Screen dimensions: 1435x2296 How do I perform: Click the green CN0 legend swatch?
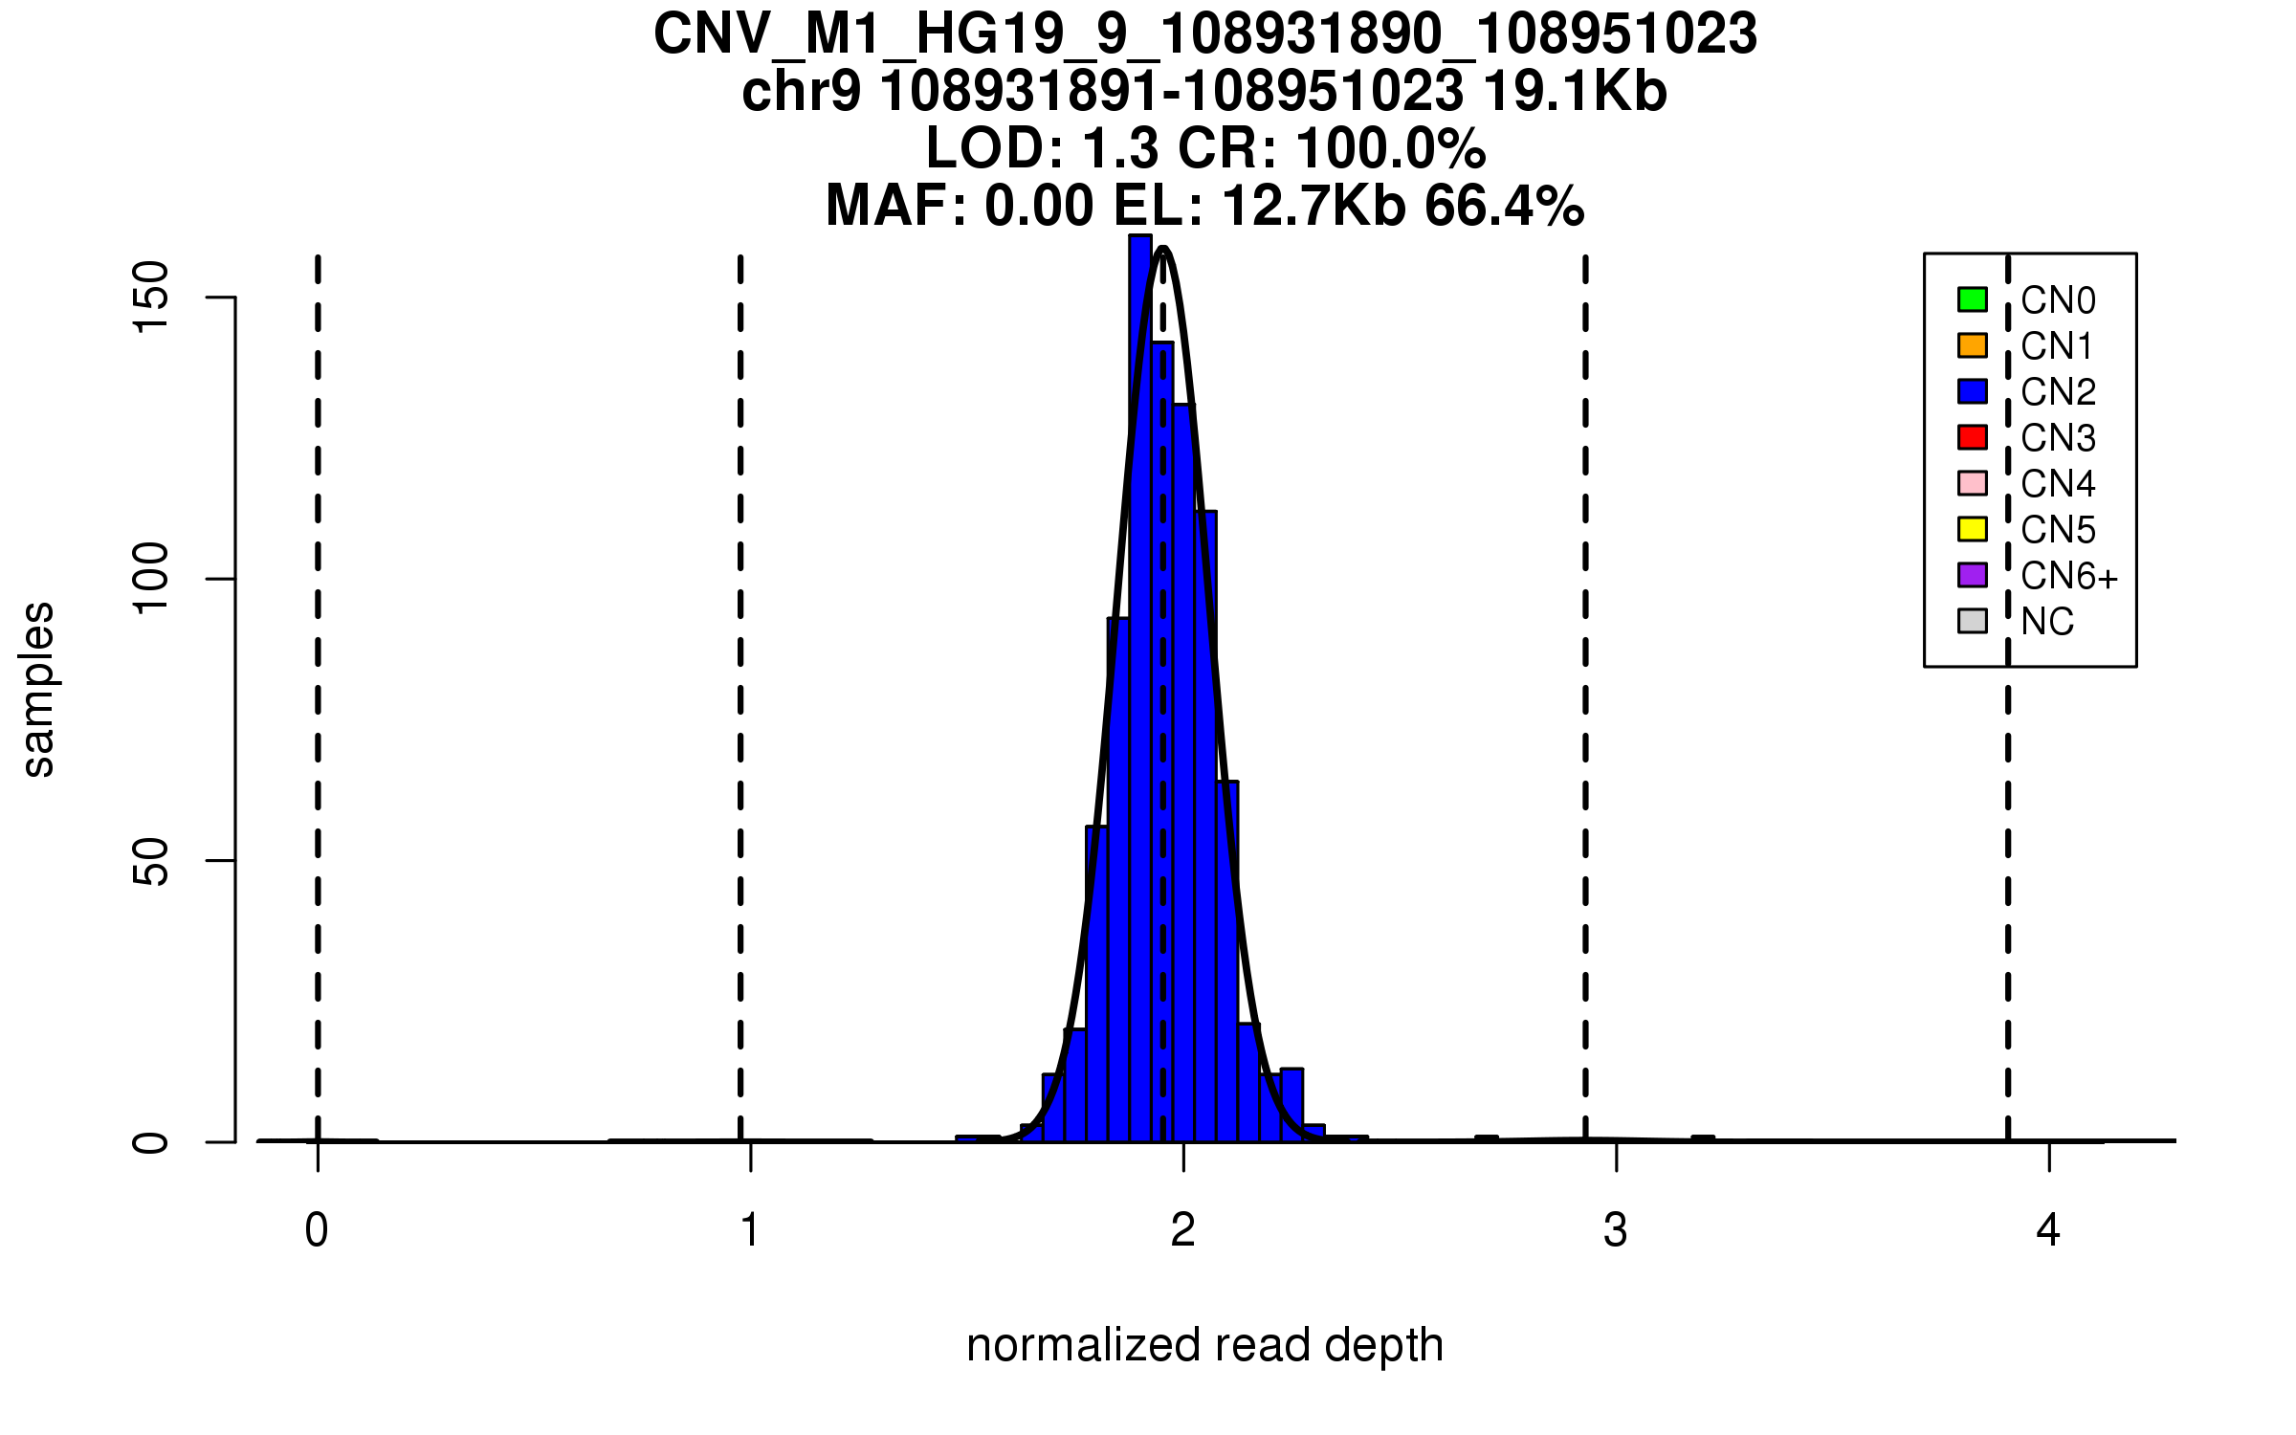[1973, 299]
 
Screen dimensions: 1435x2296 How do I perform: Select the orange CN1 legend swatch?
[1973, 345]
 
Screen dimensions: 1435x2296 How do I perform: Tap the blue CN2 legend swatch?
[1973, 391]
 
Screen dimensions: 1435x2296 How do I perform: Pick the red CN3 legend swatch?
[1973, 437]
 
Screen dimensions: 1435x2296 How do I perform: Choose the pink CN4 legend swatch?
[1973, 483]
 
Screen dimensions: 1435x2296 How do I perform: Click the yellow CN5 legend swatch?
[1973, 529]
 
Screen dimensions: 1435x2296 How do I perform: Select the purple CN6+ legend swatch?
[1973, 575]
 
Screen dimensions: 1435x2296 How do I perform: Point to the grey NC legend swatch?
[1973, 621]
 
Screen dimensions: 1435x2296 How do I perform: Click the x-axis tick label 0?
[317, 1230]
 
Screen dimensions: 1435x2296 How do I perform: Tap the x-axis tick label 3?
[1616, 1230]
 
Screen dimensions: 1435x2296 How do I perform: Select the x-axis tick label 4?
[2048, 1230]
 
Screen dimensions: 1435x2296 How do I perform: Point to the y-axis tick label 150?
[151, 298]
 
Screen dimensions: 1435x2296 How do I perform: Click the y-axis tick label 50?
[151, 861]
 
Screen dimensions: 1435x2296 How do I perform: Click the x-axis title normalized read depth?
[1204, 1345]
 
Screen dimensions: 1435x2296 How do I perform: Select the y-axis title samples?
[38, 690]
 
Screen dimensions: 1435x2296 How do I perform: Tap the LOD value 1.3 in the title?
[1121, 149]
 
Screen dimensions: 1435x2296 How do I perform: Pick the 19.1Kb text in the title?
[1575, 92]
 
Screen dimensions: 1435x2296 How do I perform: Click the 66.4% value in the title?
[1504, 207]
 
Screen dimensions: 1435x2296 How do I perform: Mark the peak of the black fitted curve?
[1163, 249]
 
